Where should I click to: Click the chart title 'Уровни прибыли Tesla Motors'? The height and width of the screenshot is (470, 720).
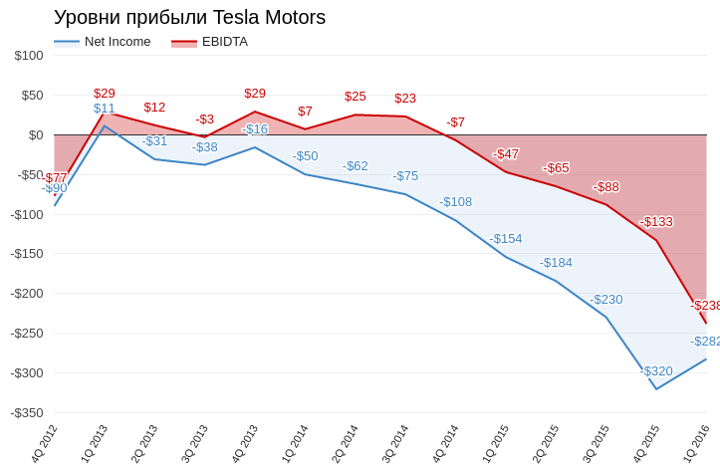[x=189, y=18]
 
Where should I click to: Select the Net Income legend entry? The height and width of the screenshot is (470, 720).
[x=102, y=42]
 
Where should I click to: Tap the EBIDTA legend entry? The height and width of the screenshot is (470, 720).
[x=209, y=42]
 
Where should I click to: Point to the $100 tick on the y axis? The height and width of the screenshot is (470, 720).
[x=29, y=56]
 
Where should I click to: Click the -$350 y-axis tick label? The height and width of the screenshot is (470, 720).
[x=27, y=413]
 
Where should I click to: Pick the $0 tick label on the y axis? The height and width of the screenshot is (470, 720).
[x=36, y=135]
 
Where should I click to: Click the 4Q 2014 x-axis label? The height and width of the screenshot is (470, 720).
[x=445, y=444]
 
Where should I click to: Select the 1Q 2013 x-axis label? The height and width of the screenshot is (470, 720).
[x=95, y=444]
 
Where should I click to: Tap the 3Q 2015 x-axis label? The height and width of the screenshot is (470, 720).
[x=597, y=444]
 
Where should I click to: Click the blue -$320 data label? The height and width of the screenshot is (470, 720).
[x=656, y=370]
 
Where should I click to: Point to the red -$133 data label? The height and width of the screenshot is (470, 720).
[x=656, y=222]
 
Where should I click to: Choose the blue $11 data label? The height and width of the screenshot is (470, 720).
[x=105, y=109]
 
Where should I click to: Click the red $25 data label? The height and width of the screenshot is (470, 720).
[x=356, y=97]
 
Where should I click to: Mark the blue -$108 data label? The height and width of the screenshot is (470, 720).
[x=455, y=202]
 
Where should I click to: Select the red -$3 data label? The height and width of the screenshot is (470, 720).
[x=205, y=119]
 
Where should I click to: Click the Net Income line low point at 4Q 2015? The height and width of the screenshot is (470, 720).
[x=656, y=389]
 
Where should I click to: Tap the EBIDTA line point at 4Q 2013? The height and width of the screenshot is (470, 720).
[x=255, y=112]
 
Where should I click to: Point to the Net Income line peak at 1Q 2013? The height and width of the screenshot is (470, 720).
[x=105, y=125]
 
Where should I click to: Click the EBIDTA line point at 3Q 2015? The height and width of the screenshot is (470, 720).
[x=606, y=205]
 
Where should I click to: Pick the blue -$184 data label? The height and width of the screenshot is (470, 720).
[x=556, y=263]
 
